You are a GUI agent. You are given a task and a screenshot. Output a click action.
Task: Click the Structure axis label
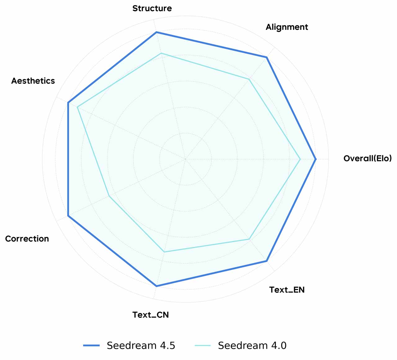click(152, 8)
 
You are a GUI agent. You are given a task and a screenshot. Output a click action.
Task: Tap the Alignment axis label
click(287, 27)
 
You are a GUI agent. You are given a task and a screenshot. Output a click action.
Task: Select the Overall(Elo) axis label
click(367, 158)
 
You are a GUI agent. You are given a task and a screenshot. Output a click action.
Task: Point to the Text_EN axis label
click(287, 290)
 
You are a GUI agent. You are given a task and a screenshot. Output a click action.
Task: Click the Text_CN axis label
click(150, 315)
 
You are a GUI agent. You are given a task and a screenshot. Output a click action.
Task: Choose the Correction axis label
click(27, 239)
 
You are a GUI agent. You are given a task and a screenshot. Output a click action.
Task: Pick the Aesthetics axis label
click(33, 81)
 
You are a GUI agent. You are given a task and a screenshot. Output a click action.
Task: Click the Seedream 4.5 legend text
click(141, 345)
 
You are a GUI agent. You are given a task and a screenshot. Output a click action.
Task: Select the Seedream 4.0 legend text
click(252, 345)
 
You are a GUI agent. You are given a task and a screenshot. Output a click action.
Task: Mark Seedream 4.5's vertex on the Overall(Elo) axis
click(316, 159)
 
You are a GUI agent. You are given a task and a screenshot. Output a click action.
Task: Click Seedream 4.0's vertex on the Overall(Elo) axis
click(300, 159)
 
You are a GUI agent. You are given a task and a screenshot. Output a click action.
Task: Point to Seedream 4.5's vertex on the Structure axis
click(156, 32)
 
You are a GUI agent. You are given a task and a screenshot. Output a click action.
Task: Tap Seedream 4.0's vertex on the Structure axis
click(161, 53)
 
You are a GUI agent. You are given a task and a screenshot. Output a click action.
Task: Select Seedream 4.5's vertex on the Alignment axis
click(267, 57)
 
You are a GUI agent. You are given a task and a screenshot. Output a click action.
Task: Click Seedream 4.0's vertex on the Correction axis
click(109, 196)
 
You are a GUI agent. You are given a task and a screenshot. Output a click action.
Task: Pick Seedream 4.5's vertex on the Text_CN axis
click(156, 286)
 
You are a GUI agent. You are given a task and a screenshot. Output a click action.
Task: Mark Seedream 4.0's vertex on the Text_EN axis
click(249, 239)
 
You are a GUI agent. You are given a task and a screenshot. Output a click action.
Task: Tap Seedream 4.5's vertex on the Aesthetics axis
click(68, 102)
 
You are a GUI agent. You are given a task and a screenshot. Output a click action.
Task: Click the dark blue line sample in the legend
click(91, 345)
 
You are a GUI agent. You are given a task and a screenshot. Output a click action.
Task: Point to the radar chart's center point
click(185, 159)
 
